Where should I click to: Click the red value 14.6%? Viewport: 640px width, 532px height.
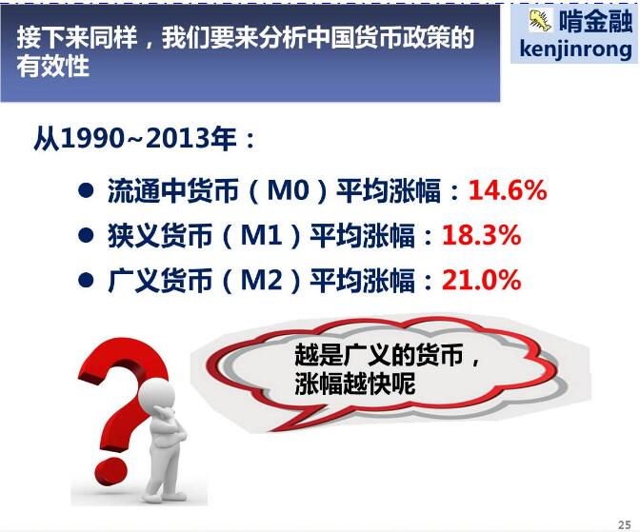pyautogui.click(x=508, y=190)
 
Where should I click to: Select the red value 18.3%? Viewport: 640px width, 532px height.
pyautogui.click(x=482, y=235)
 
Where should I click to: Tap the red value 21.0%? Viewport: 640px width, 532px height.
pyautogui.click(x=482, y=281)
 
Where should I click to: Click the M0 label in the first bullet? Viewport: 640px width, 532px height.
pyautogui.click(x=288, y=190)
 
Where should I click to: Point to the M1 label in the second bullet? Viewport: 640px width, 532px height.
pyautogui.click(x=262, y=235)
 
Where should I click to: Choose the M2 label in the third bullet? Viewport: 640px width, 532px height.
pyautogui.click(x=262, y=281)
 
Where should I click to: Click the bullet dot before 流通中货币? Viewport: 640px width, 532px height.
pyautogui.click(x=86, y=190)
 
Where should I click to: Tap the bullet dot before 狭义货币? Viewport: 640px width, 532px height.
pyautogui.click(x=86, y=235)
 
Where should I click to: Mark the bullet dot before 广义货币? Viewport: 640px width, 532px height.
pyautogui.click(x=86, y=280)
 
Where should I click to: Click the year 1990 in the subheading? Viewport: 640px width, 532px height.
pyautogui.click(x=92, y=139)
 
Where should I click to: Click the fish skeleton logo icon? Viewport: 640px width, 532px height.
pyautogui.click(x=540, y=20)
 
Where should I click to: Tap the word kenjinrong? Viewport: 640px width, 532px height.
pyautogui.click(x=575, y=49)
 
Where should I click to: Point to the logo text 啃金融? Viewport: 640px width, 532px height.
pyautogui.click(x=595, y=20)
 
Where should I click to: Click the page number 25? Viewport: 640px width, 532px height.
pyautogui.click(x=625, y=524)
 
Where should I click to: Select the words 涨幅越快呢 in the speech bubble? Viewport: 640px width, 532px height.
pyautogui.click(x=354, y=384)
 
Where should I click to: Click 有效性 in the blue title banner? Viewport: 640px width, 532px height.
pyautogui.click(x=53, y=67)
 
